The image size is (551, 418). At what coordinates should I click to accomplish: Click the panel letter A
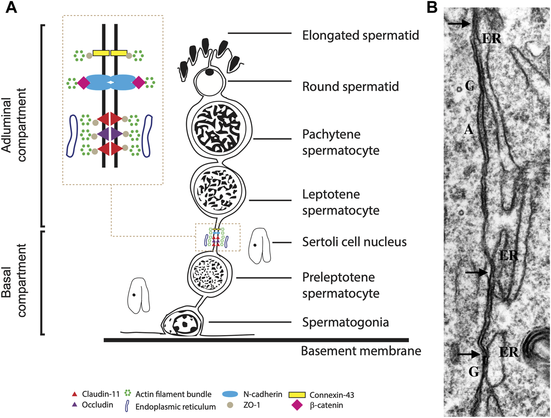[11, 7]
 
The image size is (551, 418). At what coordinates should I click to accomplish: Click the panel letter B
[432, 7]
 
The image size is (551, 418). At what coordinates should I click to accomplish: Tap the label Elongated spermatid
[361, 35]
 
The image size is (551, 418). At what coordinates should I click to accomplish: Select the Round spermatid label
[350, 87]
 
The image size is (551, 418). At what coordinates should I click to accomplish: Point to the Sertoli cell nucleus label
[354, 242]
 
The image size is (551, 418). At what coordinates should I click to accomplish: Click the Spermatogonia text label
[345, 322]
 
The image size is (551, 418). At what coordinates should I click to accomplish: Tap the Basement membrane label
[361, 351]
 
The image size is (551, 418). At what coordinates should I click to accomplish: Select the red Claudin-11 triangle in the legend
[74, 394]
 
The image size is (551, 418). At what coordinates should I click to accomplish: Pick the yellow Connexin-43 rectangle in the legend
[297, 395]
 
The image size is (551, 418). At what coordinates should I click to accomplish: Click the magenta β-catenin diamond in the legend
[297, 405]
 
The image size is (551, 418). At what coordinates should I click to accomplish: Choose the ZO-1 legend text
[252, 405]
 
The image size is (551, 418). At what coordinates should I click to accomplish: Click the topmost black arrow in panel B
[459, 24]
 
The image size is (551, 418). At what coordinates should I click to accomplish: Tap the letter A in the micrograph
[468, 129]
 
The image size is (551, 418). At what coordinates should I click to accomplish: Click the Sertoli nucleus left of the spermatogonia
[138, 295]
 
